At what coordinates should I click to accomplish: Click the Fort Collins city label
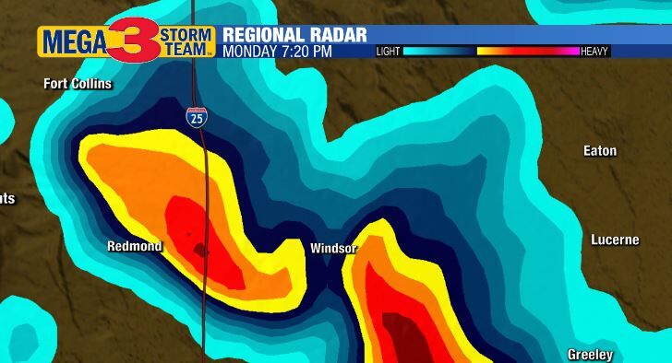click(x=78, y=84)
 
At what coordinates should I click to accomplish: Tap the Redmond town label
click(x=135, y=246)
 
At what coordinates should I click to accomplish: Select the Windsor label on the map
click(x=333, y=248)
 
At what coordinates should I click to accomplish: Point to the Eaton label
click(x=600, y=150)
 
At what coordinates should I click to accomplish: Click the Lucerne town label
click(x=615, y=240)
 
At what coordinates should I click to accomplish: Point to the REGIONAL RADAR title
click(x=294, y=35)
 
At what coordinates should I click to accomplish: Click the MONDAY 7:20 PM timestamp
click(x=277, y=52)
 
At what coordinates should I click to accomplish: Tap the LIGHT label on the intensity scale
click(x=389, y=52)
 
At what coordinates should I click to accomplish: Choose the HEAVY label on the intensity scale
click(x=594, y=52)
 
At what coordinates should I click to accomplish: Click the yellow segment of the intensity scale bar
click(x=490, y=52)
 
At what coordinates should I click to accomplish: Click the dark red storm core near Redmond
click(x=198, y=248)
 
